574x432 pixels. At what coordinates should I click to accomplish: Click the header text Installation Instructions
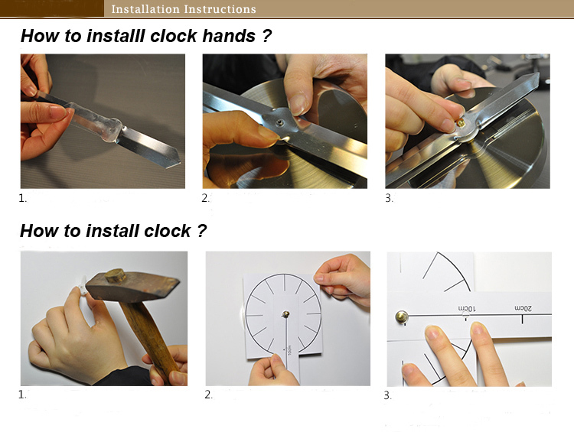[184, 8]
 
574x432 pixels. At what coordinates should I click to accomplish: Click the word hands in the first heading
[229, 36]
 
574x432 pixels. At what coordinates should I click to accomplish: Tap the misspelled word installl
[116, 36]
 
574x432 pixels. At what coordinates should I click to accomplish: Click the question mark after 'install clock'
[202, 231]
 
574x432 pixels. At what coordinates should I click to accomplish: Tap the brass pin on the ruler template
[402, 317]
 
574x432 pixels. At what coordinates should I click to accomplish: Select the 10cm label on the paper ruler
[467, 309]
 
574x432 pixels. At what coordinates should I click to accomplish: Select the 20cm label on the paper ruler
[523, 308]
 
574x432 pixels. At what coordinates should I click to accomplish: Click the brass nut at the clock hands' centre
[461, 123]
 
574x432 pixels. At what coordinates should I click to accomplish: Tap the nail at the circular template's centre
[285, 313]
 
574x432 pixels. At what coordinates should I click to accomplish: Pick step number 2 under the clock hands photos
[205, 198]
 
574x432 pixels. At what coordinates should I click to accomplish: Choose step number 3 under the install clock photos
[388, 395]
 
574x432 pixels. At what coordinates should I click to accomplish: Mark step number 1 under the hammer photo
[22, 395]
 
